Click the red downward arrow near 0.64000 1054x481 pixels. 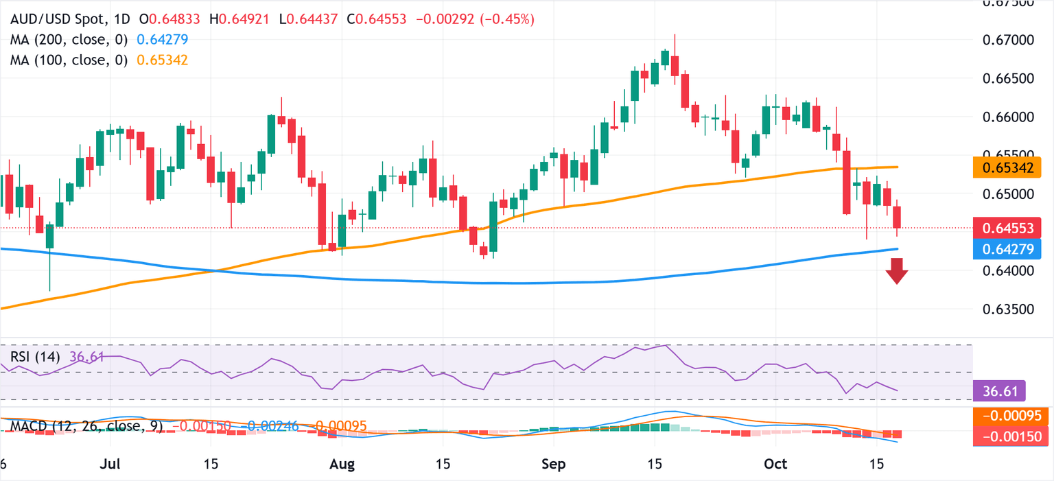(x=896, y=271)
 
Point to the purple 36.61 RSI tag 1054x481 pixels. (x=999, y=390)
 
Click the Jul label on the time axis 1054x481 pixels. (x=110, y=464)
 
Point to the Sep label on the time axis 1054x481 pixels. (x=553, y=464)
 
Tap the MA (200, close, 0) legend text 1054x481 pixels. (x=69, y=40)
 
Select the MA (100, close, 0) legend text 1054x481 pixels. (x=69, y=60)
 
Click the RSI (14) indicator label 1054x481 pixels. (x=35, y=357)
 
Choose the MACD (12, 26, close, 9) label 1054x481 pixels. (x=86, y=426)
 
